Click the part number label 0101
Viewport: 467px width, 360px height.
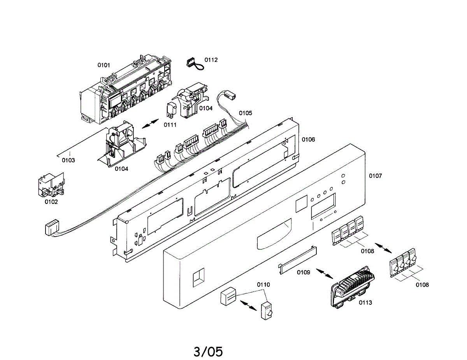click(104, 65)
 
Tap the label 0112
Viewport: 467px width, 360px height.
click(211, 60)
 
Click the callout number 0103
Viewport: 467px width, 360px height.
click(68, 160)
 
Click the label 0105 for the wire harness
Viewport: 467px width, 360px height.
click(246, 113)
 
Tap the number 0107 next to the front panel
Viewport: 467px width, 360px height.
click(376, 176)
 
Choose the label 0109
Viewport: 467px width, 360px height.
click(304, 272)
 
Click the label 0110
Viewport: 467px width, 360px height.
click(263, 284)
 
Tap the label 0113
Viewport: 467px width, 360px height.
click(365, 302)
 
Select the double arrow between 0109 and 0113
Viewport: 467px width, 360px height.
click(324, 274)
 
